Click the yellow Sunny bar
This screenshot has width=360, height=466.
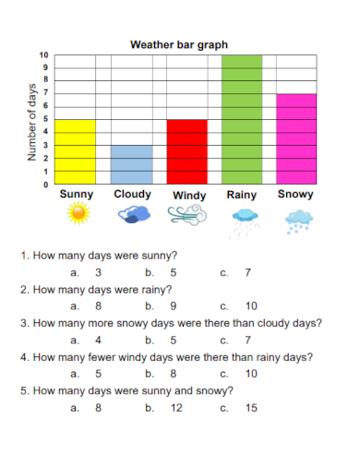(77, 151)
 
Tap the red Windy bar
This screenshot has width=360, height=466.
(186, 151)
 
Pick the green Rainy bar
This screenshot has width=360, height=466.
(241, 120)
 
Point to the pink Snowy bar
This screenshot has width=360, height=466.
(297, 138)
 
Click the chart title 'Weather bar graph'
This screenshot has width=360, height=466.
(179, 43)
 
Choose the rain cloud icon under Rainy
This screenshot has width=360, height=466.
(245, 219)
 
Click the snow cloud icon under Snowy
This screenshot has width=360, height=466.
(297, 220)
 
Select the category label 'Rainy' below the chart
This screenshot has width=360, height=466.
(242, 196)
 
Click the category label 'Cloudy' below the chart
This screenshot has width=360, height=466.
(132, 195)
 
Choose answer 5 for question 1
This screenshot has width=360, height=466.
(174, 273)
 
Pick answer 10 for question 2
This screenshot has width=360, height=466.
(251, 306)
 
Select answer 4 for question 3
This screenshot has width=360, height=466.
(98, 340)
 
